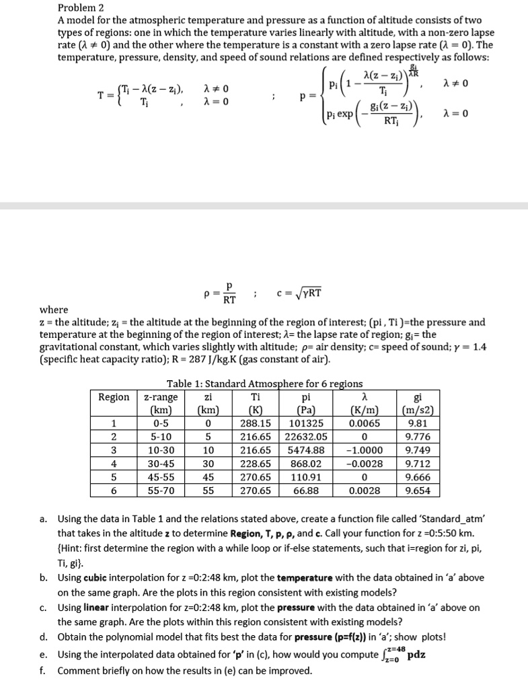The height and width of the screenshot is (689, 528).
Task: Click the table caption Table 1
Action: (264, 384)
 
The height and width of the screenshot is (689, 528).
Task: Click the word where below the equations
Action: (54, 310)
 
